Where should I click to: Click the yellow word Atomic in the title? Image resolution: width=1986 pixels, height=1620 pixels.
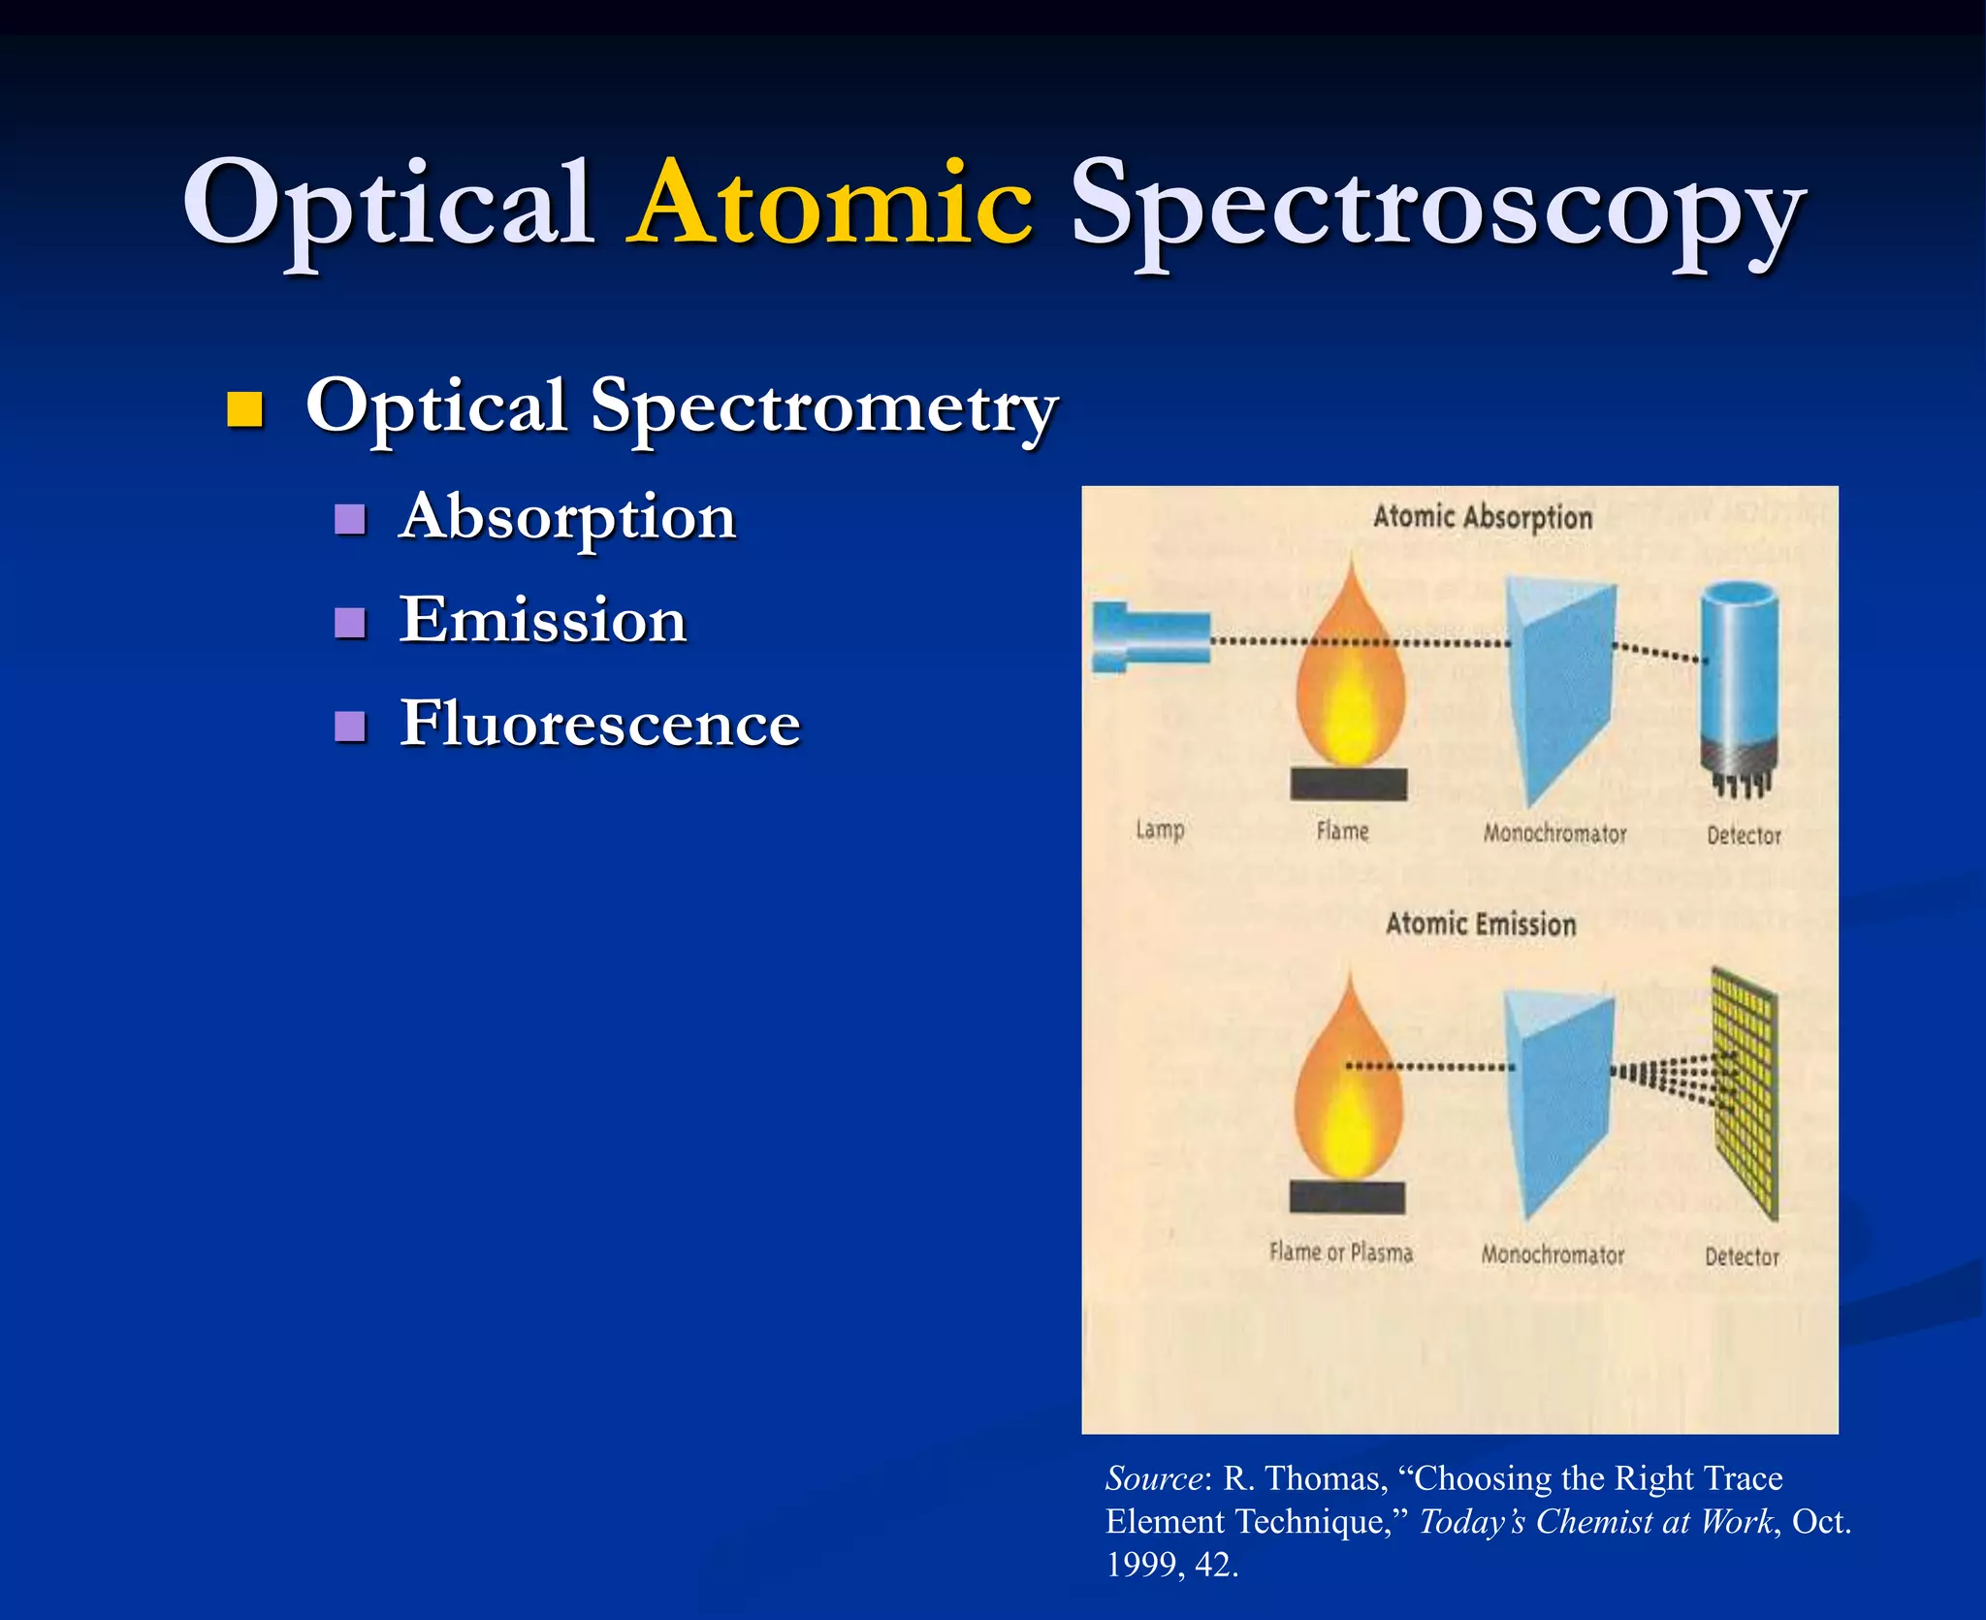[x=829, y=204]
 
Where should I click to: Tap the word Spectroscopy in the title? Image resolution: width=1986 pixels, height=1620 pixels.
[x=1435, y=209]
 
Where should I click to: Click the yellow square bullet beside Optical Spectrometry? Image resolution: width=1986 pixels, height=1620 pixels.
[x=244, y=409]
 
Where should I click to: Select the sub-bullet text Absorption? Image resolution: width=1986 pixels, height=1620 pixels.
[x=567, y=516]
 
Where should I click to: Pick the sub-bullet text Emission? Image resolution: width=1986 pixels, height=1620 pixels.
[x=543, y=620]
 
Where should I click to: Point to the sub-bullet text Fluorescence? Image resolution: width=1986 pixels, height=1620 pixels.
[x=599, y=724]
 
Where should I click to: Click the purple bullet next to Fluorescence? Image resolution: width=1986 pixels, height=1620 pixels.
[x=349, y=726]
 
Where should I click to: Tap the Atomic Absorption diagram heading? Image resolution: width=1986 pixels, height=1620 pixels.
[x=1482, y=517]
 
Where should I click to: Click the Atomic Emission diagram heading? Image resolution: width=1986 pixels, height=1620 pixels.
[x=1480, y=923]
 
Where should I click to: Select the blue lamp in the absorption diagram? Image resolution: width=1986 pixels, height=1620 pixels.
[x=1151, y=637]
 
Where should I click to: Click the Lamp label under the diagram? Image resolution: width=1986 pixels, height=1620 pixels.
[x=1160, y=830]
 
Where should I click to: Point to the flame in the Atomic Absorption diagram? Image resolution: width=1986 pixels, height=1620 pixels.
[x=1350, y=669]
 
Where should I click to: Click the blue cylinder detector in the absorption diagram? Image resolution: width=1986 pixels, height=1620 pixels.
[x=1740, y=679]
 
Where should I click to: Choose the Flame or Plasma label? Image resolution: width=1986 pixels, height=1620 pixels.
[x=1340, y=1253]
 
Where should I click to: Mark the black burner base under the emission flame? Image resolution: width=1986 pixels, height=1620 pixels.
[x=1347, y=1197]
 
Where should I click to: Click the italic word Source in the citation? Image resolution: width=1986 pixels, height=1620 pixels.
[x=1153, y=1478]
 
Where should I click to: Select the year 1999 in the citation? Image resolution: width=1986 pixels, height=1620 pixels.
[x=1139, y=1564]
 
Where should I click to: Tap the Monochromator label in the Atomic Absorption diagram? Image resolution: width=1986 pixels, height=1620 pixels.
[x=1554, y=833]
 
